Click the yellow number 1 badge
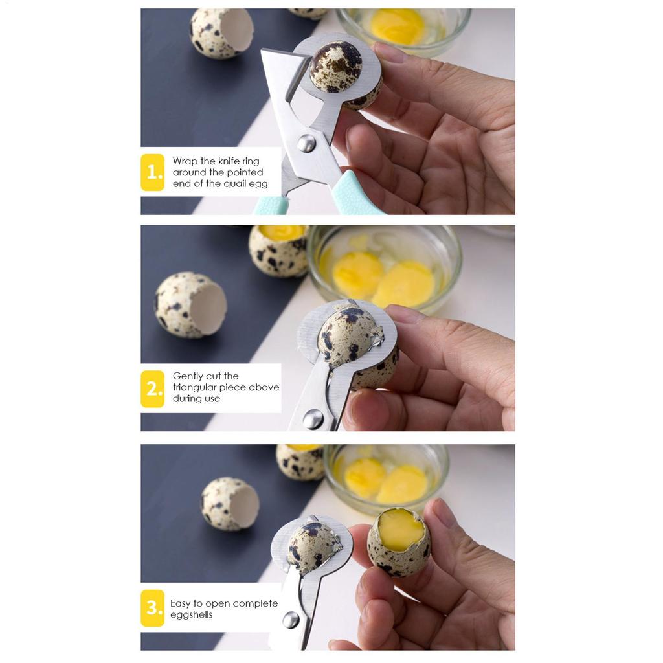coord(153,172)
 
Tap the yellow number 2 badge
coord(153,388)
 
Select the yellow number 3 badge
coord(153,608)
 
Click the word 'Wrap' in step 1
coord(185,161)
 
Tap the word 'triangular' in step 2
coord(199,387)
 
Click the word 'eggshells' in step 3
coord(191,615)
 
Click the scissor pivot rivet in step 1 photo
coord(306,144)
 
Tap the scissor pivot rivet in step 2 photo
coord(313,419)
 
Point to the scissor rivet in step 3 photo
coord(291,620)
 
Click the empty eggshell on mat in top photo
coord(222,33)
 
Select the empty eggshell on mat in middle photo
coord(190,304)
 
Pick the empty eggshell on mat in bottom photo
coord(230,504)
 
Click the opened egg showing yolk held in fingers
coord(399,542)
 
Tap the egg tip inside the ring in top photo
coord(336,67)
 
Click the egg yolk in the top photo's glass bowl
coord(398,26)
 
